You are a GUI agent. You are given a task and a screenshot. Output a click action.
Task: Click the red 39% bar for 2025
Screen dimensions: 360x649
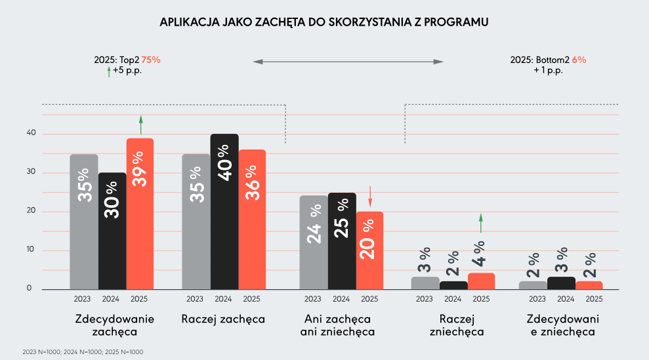coord(140,214)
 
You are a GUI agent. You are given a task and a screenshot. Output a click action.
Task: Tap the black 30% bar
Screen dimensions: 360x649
coord(112,231)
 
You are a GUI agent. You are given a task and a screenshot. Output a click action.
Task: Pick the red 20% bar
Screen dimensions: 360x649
coord(369,250)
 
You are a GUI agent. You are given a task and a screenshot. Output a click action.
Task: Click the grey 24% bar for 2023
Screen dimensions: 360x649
coord(314,242)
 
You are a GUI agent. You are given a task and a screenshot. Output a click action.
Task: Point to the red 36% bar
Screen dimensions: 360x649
coord(252,219)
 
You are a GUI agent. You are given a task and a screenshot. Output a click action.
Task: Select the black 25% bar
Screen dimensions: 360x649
coord(342,241)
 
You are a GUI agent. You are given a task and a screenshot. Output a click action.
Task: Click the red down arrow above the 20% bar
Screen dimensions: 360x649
coord(369,195)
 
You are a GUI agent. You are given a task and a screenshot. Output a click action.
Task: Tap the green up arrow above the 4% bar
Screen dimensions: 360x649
coord(480,223)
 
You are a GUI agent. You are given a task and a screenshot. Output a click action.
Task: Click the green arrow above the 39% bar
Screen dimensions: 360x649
coord(140,125)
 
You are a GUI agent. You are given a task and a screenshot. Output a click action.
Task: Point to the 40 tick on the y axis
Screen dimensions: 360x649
coord(30,134)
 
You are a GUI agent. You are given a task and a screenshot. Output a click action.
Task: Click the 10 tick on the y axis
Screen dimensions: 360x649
coord(30,250)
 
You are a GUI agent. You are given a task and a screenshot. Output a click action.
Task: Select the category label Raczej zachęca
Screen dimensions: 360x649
coord(223,319)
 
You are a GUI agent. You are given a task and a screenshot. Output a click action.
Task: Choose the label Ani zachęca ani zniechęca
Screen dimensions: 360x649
coord(337,325)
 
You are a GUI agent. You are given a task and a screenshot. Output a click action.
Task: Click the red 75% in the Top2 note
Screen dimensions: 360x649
coord(151,60)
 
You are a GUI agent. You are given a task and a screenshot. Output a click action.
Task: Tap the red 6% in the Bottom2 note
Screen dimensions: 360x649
coord(579,60)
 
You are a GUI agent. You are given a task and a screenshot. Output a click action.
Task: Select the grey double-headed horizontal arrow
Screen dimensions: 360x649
coord(348,62)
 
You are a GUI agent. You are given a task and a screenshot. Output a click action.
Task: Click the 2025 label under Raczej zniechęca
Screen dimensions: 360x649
coord(481,299)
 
